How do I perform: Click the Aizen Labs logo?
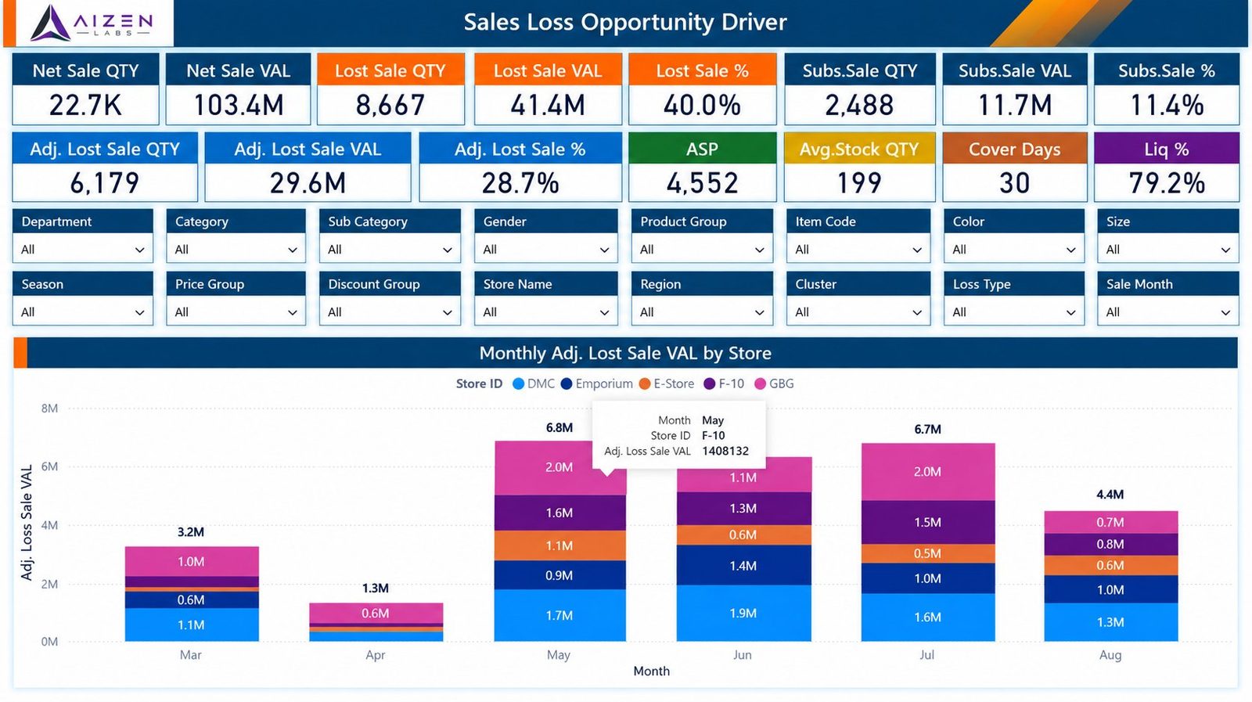point(92,23)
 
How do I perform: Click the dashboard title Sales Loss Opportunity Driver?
point(625,23)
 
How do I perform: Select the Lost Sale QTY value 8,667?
point(390,105)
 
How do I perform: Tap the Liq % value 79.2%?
point(1167,183)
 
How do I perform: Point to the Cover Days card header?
point(1014,149)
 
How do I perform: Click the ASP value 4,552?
point(702,183)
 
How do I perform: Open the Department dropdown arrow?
point(140,250)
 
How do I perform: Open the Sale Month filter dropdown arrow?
point(1225,312)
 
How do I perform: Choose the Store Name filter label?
point(517,284)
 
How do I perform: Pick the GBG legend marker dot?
point(760,383)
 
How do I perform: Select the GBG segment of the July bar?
point(928,472)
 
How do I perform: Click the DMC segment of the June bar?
point(744,613)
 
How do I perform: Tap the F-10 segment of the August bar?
point(1111,545)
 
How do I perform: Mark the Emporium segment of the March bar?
point(192,599)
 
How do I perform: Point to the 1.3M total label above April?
point(375,588)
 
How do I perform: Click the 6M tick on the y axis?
point(50,466)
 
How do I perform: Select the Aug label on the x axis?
point(1110,655)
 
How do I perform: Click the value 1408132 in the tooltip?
point(725,451)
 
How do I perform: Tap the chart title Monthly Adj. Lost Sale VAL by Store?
point(625,353)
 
